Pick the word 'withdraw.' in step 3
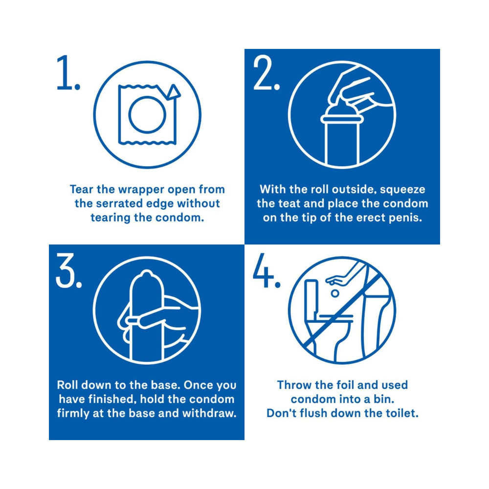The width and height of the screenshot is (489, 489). pyautogui.click(x=209, y=413)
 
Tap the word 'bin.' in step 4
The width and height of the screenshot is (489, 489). pyautogui.click(x=383, y=399)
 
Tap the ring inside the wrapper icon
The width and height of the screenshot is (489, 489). pyautogui.click(x=147, y=114)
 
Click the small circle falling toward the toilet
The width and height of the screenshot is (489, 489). pyautogui.click(x=335, y=293)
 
